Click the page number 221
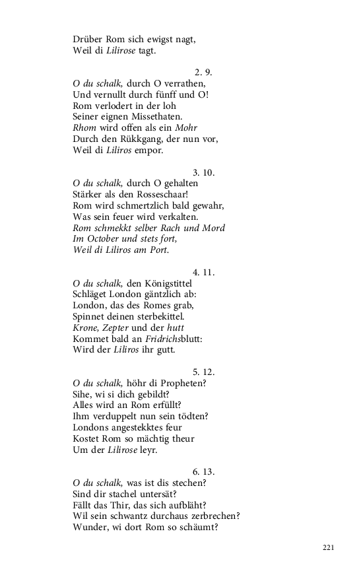click(x=330, y=548)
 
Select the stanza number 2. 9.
click(x=203, y=72)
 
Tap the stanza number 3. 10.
click(x=204, y=172)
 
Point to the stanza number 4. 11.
click(x=204, y=272)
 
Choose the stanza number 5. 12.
click(x=204, y=372)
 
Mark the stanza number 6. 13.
click(x=204, y=471)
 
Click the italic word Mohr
click(x=185, y=127)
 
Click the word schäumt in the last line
click(x=196, y=527)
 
